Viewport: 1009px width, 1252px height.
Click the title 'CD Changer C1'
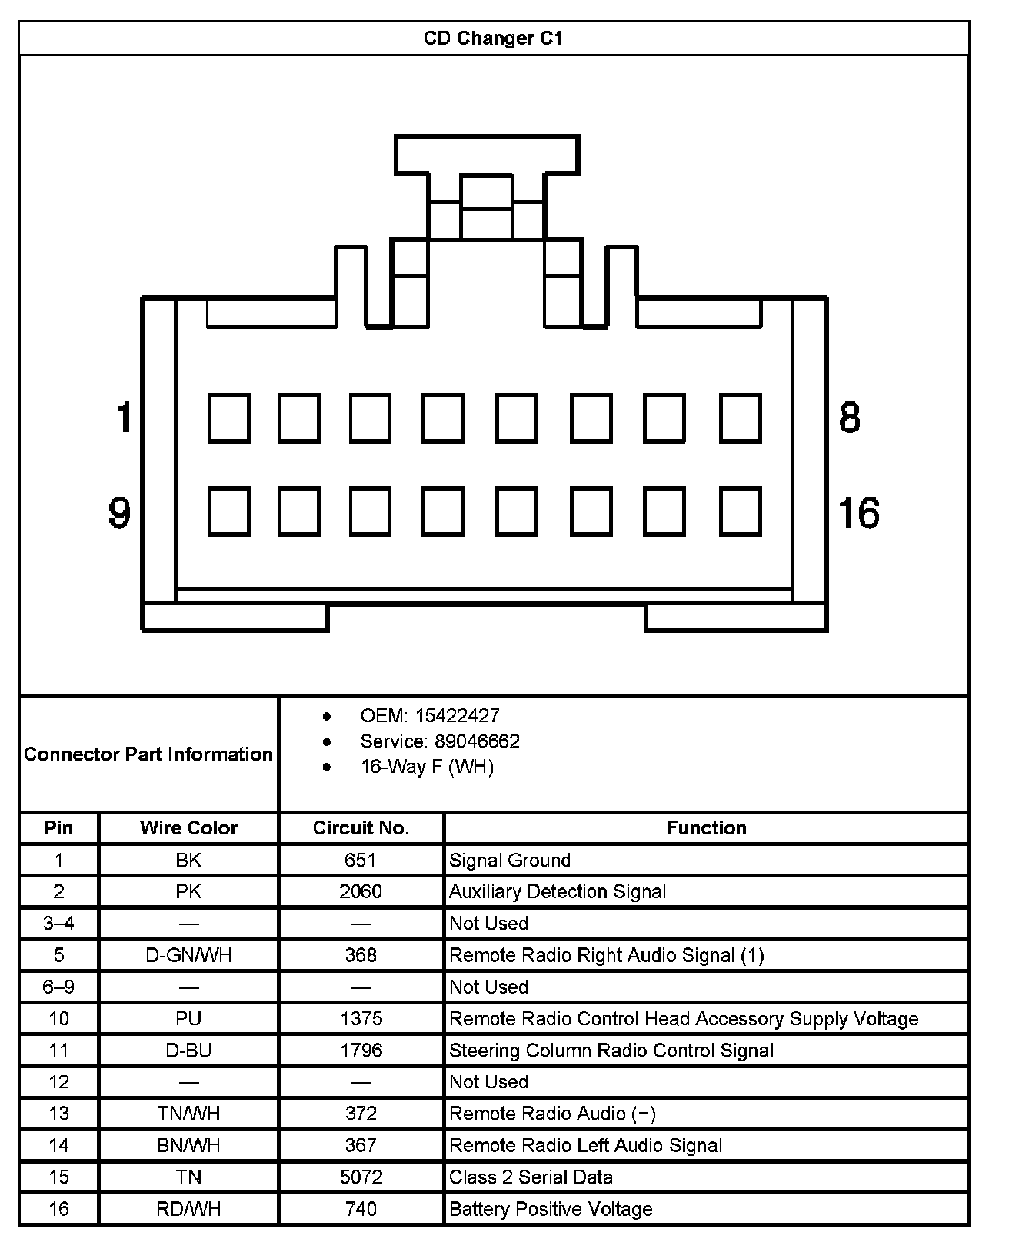(x=493, y=38)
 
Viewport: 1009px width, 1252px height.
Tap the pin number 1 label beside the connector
(x=123, y=418)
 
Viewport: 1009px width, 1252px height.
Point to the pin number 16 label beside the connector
(x=858, y=513)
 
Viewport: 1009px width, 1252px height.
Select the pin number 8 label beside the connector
(x=849, y=418)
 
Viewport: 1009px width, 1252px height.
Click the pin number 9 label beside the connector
(x=119, y=513)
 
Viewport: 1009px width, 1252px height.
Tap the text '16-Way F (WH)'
(x=427, y=767)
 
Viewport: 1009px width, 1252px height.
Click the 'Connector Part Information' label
(x=148, y=754)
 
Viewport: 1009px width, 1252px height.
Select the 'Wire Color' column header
(x=188, y=827)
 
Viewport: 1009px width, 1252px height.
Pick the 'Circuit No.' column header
(x=361, y=827)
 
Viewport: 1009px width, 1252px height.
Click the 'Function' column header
(x=706, y=827)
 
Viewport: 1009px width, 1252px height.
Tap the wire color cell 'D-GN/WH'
(x=188, y=955)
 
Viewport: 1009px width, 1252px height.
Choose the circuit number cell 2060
(x=361, y=891)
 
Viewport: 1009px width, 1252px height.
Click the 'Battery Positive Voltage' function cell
(x=551, y=1209)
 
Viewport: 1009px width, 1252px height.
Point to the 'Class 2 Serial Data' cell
(x=531, y=1177)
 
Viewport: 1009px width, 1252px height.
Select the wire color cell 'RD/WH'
(x=188, y=1209)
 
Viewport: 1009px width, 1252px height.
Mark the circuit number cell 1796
(x=361, y=1051)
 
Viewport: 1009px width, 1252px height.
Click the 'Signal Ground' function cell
(x=510, y=860)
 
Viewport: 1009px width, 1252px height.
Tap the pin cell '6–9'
(x=58, y=987)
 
